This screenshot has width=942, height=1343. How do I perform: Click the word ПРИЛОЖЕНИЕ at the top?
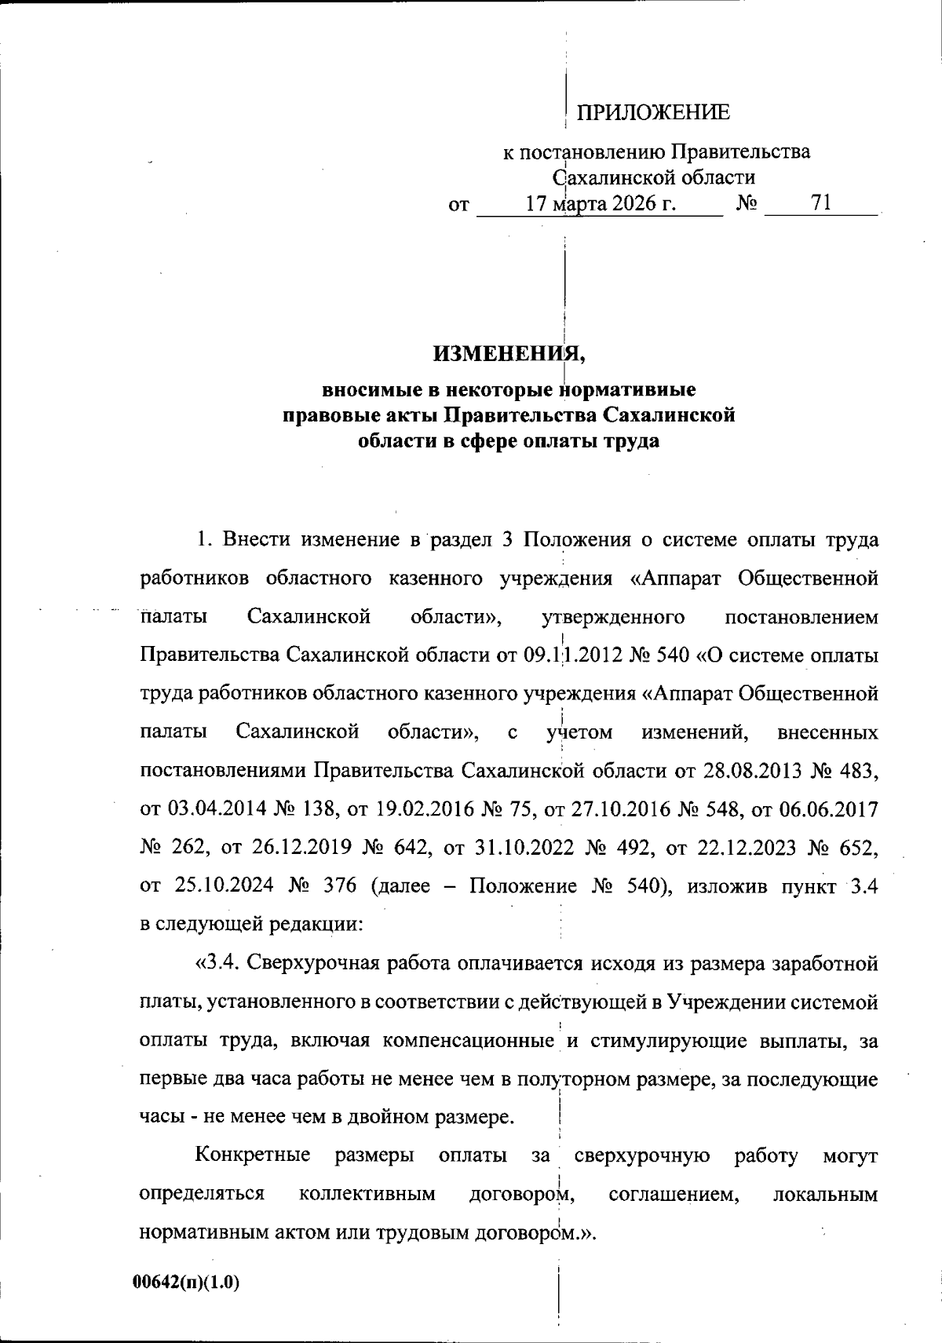coord(653,113)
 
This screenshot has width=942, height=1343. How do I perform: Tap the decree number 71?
coord(820,204)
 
